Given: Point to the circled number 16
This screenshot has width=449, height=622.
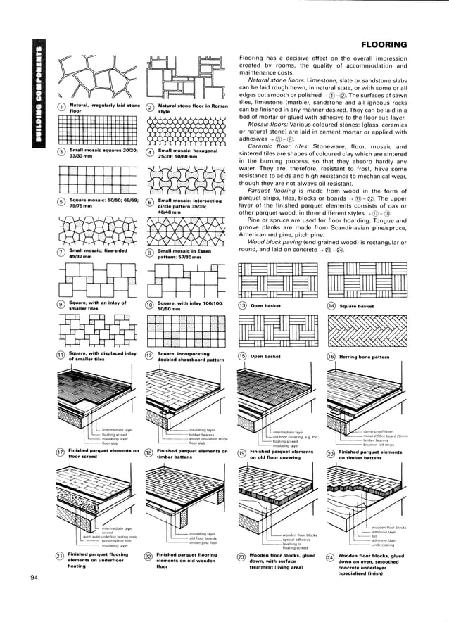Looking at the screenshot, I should [x=331, y=357].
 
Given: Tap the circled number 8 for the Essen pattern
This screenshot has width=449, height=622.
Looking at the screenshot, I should [x=149, y=253].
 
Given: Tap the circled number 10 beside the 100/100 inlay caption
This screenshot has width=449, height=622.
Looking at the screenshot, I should [x=149, y=305].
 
